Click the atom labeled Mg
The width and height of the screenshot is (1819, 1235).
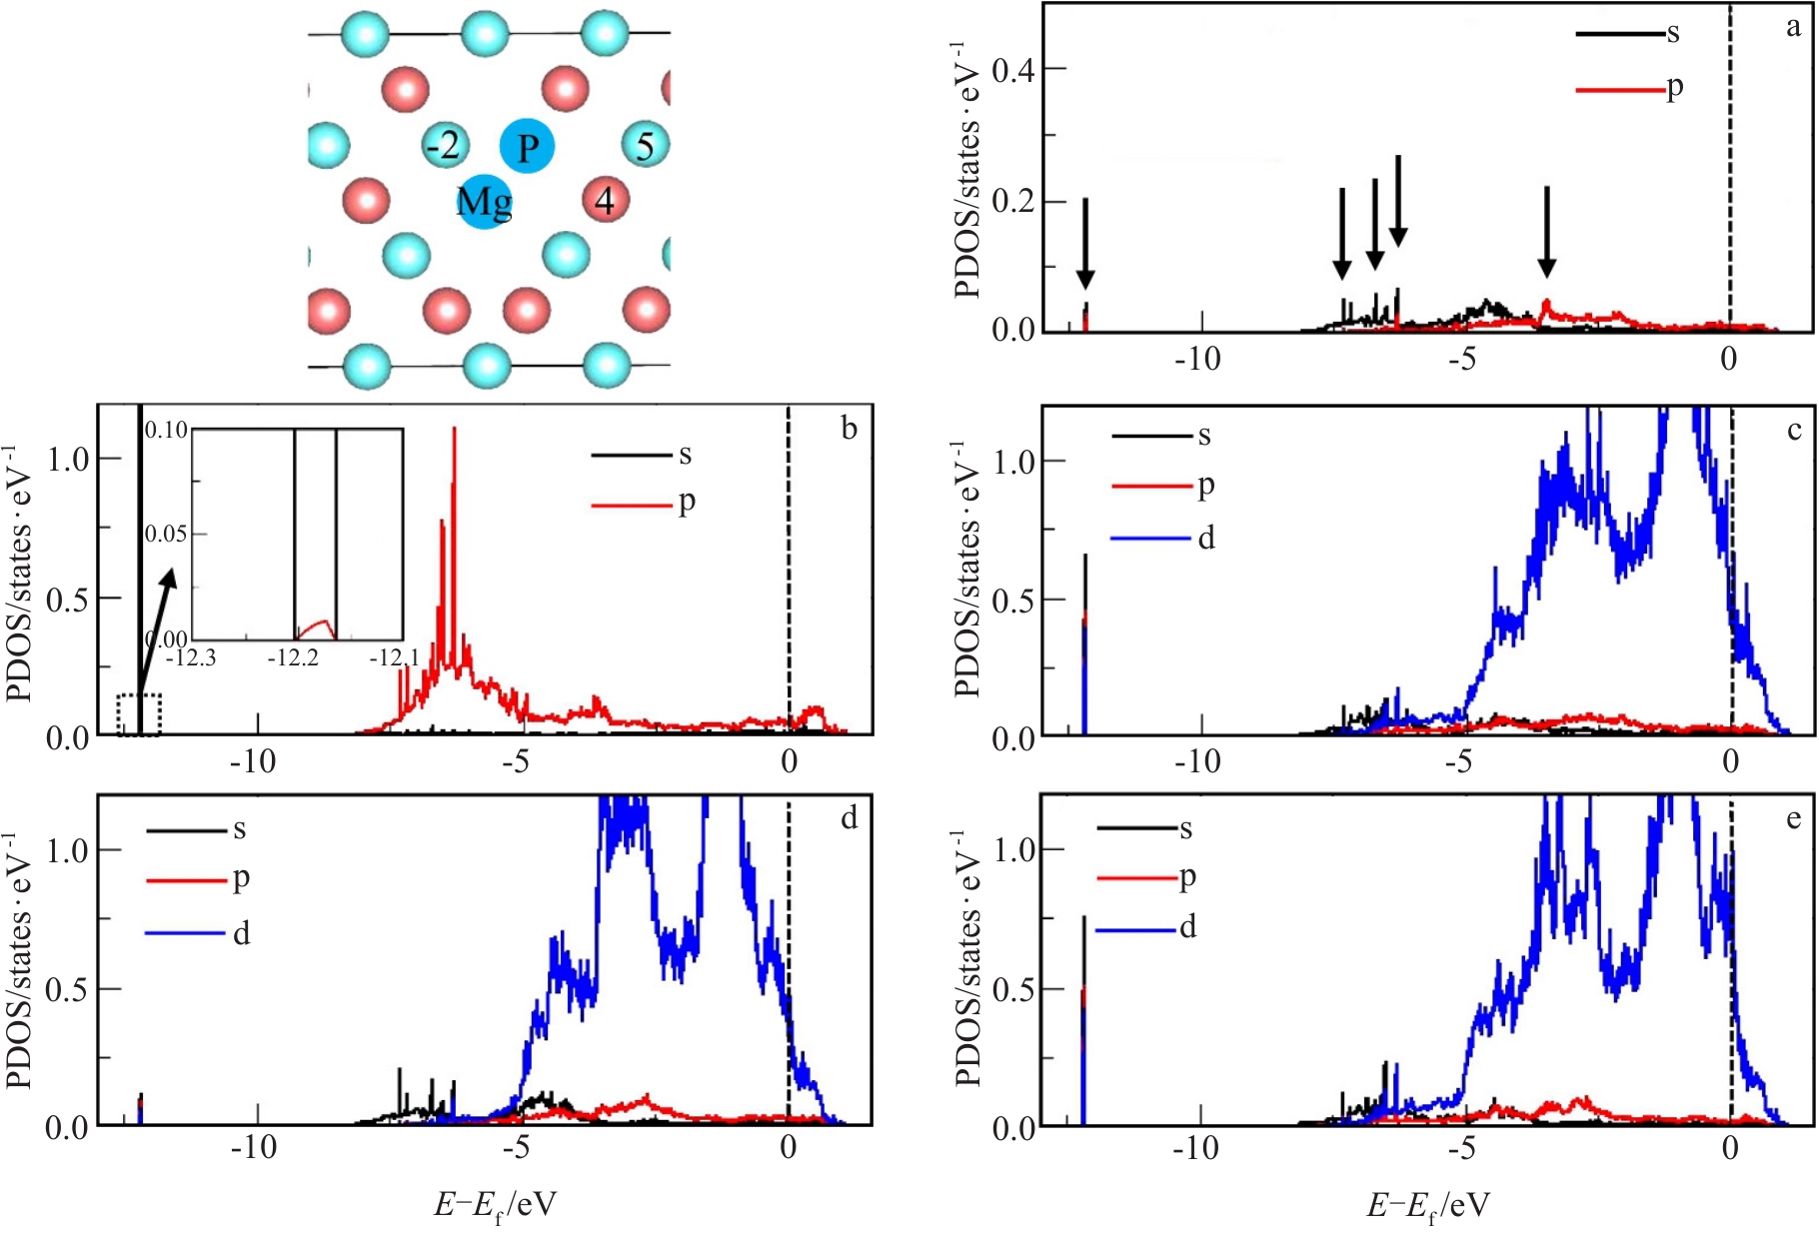485,201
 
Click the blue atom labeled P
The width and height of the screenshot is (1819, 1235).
527,147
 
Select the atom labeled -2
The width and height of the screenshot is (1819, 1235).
444,146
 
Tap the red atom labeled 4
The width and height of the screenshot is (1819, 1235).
605,200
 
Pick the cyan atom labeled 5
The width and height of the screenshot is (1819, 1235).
645,146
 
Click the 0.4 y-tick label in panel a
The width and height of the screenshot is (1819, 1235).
1013,70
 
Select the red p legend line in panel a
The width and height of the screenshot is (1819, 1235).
1619,90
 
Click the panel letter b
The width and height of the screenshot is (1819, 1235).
849,429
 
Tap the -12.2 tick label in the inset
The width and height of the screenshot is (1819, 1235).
294,658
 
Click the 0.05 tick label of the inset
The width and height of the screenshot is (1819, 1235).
166,534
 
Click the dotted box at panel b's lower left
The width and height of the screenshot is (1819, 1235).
139,714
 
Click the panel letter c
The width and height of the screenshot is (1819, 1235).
1794,430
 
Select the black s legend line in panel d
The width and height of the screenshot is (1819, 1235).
186,830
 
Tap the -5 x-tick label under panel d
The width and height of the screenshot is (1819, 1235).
516,1147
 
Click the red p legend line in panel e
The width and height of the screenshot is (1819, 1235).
1136,878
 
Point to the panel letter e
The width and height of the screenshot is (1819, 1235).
1794,819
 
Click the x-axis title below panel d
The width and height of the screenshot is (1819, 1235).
495,1206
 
